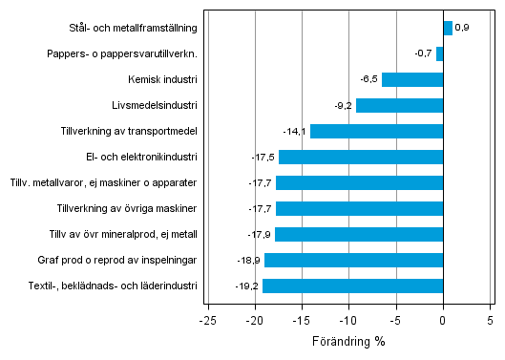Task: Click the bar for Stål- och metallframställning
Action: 447,28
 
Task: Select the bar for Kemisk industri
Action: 412,79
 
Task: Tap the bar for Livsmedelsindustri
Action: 399,105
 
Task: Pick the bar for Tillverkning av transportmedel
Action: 376,131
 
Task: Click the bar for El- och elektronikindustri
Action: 361,157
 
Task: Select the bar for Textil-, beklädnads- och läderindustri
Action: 352,286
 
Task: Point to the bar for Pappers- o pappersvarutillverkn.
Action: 439,53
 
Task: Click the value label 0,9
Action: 462,28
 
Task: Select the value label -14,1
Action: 295,131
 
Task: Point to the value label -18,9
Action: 249,260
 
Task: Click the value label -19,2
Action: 247,286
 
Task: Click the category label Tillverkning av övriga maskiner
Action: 127,208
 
